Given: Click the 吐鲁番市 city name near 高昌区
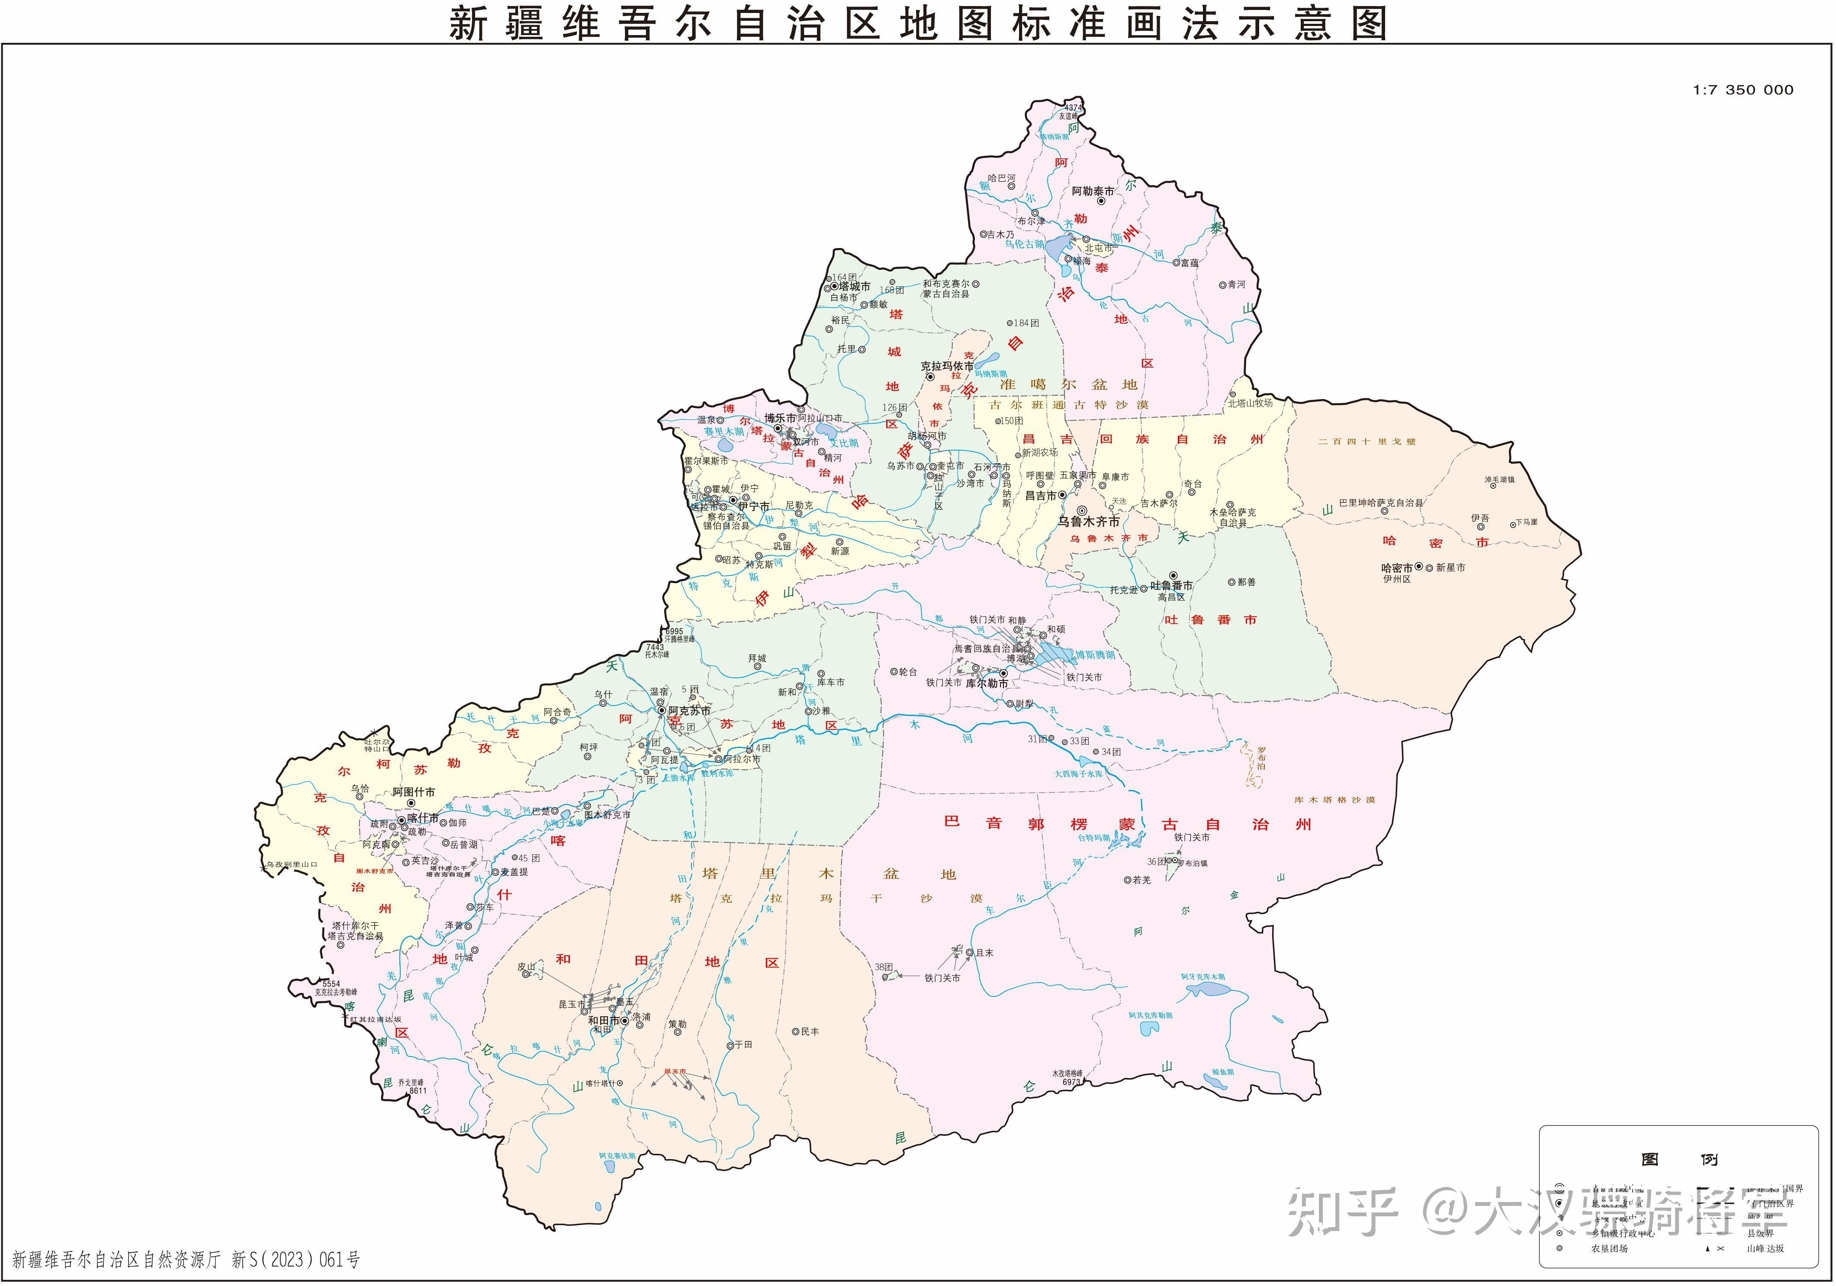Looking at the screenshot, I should click(1171, 585).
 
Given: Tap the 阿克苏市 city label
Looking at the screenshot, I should click(689, 710).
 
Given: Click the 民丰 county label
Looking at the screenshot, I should click(810, 1031).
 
